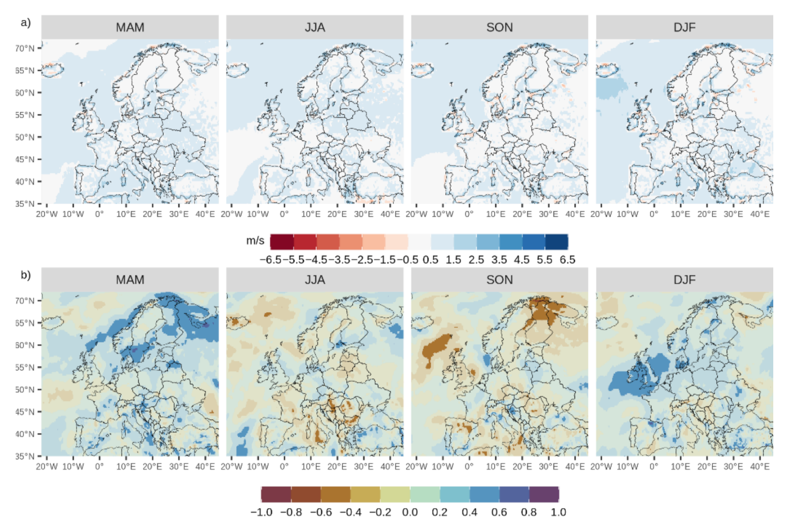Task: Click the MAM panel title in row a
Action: pos(130,27)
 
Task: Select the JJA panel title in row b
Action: pos(315,279)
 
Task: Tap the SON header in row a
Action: pos(500,27)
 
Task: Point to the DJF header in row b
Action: pos(685,279)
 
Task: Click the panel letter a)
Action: pos(26,22)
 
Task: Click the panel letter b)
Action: pos(26,275)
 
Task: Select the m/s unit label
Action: pos(255,240)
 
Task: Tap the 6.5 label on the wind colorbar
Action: pos(567,260)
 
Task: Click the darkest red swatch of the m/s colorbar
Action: pos(282,242)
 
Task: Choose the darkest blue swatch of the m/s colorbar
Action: pos(556,242)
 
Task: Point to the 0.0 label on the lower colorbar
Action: pos(410,512)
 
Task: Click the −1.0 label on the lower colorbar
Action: pos(261,512)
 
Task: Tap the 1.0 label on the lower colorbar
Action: pos(558,512)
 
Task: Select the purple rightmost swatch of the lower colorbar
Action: pos(544,494)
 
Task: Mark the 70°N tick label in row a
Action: pos(25,48)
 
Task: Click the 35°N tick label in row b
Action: pos(25,456)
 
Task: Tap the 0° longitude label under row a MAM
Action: pos(99,214)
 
